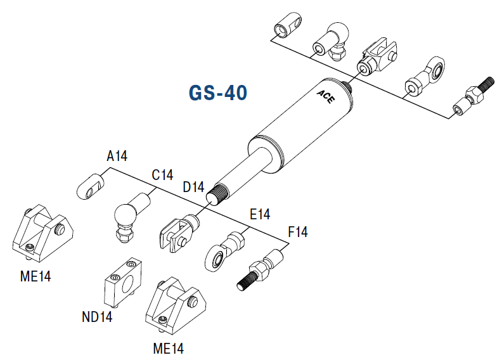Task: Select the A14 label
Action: [117, 157]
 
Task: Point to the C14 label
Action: [162, 175]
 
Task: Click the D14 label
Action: [193, 187]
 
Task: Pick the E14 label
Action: [260, 214]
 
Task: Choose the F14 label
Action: [297, 233]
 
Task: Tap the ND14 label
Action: [97, 316]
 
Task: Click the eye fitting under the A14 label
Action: [92, 185]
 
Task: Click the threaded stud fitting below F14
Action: [261, 270]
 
